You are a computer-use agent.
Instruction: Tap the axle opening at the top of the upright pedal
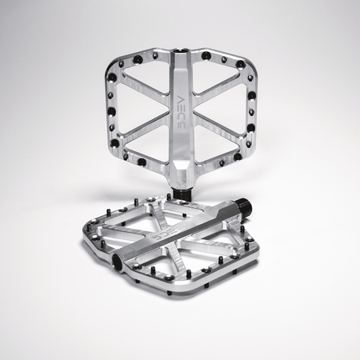pyautogui.click(x=182, y=54)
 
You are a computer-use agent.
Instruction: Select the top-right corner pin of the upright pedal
pyautogui.click(x=240, y=64)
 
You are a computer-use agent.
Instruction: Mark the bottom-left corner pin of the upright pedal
pyautogui.click(x=141, y=162)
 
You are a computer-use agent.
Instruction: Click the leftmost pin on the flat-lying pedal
pyautogui.click(x=82, y=237)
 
